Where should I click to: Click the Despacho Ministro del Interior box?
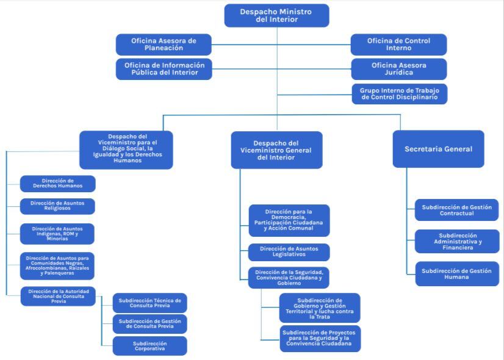coord(276,15)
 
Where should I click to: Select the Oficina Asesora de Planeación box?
coord(164,45)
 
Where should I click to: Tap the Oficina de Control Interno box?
coord(398,45)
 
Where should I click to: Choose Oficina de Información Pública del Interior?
coord(164,69)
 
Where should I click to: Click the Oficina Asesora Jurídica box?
coord(398,69)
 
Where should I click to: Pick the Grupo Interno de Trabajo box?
coord(399,93)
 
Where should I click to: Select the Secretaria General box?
coord(438,149)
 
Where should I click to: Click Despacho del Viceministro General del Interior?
coord(276,150)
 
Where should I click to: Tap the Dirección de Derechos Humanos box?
coord(58,184)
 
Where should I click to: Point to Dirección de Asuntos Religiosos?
coord(58,206)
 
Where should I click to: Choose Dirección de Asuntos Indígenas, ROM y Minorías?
coord(58,234)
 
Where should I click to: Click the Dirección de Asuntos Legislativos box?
coord(289,252)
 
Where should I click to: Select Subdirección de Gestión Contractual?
coord(456,210)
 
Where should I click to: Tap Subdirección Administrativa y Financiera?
coord(456,240)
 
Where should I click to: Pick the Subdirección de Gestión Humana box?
coord(456,273)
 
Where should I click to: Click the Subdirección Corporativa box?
coord(149,346)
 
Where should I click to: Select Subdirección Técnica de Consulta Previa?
coord(149,303)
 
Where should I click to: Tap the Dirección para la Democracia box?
coord(289,220)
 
